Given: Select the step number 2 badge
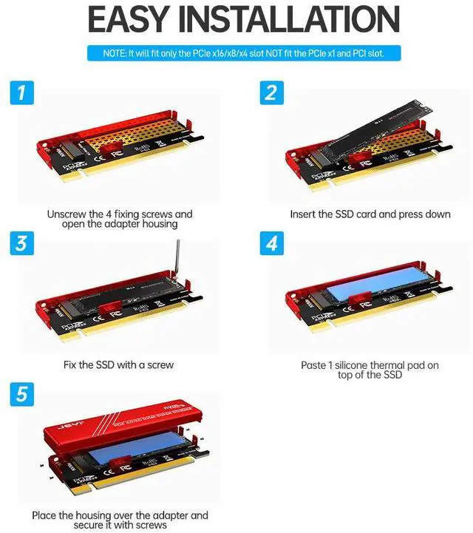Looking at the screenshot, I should (x=271, y=93).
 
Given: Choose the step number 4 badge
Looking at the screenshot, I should (x=271, y=243).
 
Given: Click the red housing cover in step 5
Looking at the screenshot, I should (x=122, y=431).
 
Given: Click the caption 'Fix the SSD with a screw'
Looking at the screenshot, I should (x=119, y=365).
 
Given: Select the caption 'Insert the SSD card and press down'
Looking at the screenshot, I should (x=370, y=214).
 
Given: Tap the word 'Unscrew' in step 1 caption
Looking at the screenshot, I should (x=69, y=214).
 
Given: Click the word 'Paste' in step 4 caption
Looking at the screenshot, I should (x=315, y=365).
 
